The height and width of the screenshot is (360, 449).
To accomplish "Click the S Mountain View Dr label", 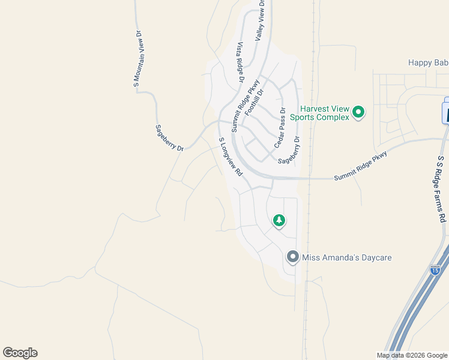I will (137, 60).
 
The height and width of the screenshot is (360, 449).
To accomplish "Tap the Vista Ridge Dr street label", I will (241, 62).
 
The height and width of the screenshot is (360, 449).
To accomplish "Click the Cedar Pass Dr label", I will (279, 128).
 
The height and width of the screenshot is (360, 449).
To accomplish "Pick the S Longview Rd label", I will (230, 157).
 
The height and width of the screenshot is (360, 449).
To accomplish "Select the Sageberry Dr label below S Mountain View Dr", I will (169, 137).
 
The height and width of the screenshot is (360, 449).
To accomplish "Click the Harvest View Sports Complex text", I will (319, 113).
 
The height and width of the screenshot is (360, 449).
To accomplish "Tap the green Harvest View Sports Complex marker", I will (358, 112).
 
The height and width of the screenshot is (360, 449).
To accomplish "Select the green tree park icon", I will (279, 221).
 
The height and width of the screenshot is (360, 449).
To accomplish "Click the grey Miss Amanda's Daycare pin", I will (292, 257).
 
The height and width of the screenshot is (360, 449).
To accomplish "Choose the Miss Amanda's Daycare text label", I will (346, 257).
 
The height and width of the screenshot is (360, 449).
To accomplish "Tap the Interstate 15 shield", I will (435, 270).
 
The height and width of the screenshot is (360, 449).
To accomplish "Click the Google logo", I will (20, 353).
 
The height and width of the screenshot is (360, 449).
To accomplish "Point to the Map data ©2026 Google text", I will (412, 355).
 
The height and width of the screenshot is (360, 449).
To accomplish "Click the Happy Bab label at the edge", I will (428, 62).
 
